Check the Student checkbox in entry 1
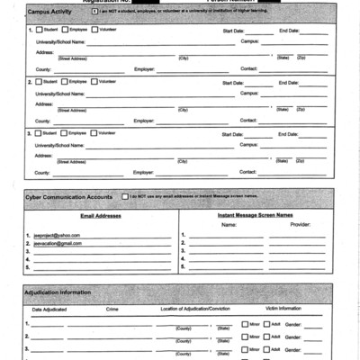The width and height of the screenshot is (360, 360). click(39, 31)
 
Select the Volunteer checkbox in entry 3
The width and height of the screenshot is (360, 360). click(94, 133)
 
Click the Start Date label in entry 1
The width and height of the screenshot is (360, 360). click(232, 31)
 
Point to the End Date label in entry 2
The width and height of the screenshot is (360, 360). click(288, 82)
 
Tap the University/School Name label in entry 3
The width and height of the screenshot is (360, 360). click(60, 144)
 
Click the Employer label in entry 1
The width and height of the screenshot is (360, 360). click(143, 68)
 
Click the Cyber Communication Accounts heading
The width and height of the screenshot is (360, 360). click(68, 195)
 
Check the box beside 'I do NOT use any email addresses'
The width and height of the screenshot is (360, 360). click(124, 195)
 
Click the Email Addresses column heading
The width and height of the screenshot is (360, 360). click(100, 216)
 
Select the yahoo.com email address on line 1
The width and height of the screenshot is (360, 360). click(57, 235)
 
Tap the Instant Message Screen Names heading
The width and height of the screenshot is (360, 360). click(255, 216)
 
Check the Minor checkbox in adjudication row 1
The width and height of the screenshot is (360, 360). click(244, 324)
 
